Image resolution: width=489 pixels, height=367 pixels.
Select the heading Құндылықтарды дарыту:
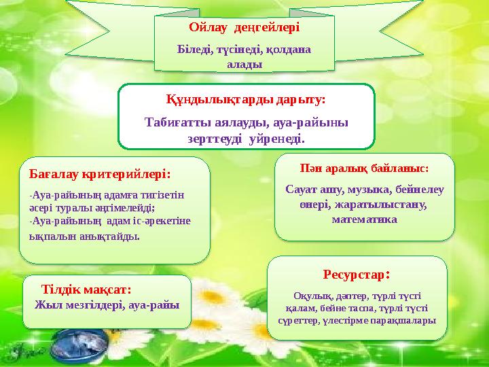pyautogui.click(x=246, y=99)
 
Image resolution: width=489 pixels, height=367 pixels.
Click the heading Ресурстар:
pyautogui.click(x=356, y=275)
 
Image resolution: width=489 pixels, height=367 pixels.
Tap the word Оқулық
pyautogui.click(x=310, y=296)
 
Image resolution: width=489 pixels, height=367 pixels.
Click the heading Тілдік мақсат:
pyautogui.click(x=86, y=289)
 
